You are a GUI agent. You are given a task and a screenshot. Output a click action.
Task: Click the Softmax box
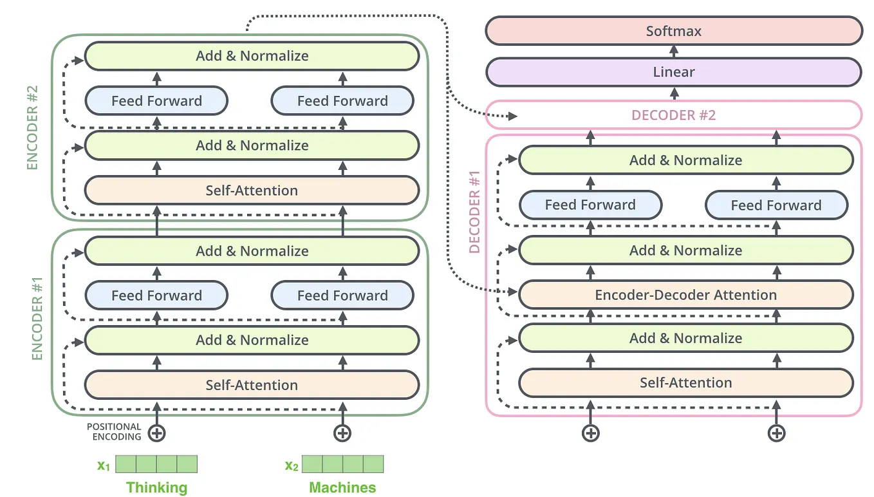click(673, 31)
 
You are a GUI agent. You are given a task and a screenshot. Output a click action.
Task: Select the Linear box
click(673, 72)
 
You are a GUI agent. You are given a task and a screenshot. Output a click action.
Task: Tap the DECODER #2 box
click(673, 115)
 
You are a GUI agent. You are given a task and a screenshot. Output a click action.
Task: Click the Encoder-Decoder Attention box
click(685, 295)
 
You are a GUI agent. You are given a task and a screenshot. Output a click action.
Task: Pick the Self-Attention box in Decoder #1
click(685, 382)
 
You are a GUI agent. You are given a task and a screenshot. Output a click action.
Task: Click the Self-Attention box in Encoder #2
click(252, 191)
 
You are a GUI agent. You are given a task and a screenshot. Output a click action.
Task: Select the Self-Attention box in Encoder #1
click(252, 385)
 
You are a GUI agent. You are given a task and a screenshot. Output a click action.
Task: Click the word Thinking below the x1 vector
click(156, 487)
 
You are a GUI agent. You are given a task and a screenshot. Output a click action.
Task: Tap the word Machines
click(342, 487)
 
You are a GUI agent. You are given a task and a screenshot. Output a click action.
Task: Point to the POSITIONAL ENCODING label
click(115, 431)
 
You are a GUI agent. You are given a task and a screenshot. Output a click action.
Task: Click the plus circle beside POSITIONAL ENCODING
click(156, 433)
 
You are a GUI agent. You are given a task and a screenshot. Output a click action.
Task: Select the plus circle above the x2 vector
click(342, 433)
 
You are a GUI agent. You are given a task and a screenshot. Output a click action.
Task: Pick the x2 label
click(292, 465)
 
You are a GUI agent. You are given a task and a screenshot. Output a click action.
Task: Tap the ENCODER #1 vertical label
click(37, 319)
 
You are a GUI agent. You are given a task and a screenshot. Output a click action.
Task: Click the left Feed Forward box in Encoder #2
click(156, 100)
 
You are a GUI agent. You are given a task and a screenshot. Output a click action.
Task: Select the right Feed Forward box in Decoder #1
click(776, 205)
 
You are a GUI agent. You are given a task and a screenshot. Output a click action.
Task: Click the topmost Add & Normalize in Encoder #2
click(252, 56)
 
